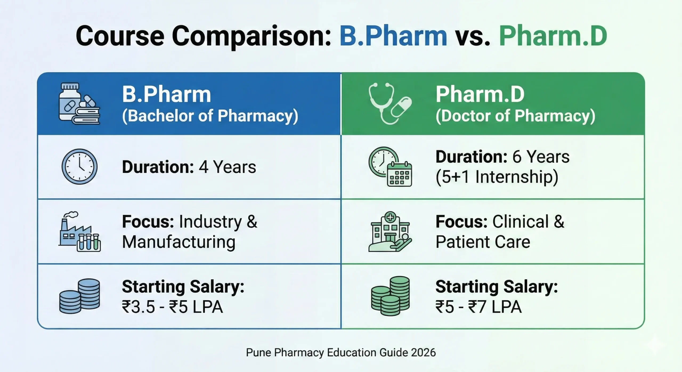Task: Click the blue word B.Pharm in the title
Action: [393, 36]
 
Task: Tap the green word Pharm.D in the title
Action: [553, 36]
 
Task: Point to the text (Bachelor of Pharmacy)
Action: [210, 116]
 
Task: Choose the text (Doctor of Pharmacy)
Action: [515, 116]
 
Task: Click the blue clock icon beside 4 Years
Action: [79, 167]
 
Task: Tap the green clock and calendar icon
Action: [390, 167]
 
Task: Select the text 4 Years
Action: [227, 167]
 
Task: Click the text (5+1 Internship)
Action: [497, 177]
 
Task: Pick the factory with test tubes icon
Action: [79, 232]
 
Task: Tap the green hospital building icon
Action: [390, 232]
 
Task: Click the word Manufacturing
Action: [179, 242]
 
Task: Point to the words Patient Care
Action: [483, 242]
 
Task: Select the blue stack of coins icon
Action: [79, 296]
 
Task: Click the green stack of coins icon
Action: [390, 296]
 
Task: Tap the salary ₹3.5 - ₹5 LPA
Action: [172, 307]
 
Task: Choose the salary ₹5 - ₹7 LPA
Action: [478, 307]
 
